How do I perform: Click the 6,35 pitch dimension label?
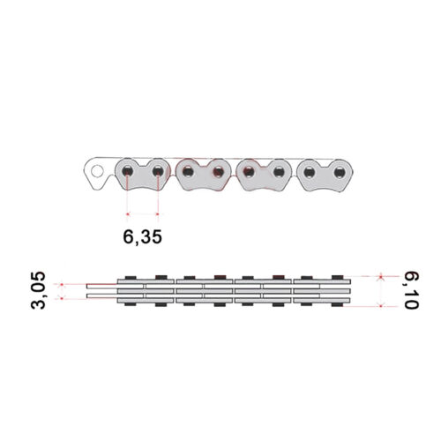coord(142,237)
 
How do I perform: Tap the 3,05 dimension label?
coord(38,290)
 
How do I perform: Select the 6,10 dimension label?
coord(411,290)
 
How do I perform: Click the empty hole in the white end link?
coord(97,171)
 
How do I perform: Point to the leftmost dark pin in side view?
coord(127,171)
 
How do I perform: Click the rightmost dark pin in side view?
coord(340,172)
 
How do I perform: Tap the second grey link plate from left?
coord(203,175)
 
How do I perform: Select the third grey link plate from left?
coord(264,175)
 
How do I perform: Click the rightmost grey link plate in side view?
coord(325,176)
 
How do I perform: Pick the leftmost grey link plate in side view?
coord(142,174)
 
